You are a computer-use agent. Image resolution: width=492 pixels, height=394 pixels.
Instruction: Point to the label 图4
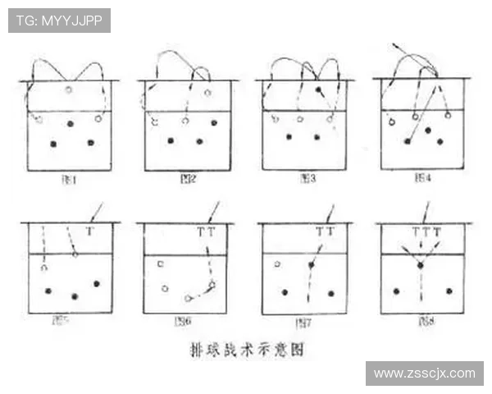[x=423, y=176]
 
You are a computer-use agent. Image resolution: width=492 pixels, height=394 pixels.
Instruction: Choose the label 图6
[x=182, y=321]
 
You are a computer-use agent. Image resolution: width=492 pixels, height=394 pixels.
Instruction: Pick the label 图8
[x=423, y=320]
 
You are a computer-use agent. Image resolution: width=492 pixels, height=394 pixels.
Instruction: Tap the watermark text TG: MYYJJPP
[x=58, y=21]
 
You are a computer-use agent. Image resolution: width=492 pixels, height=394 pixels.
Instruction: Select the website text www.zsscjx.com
[x=423, y=373]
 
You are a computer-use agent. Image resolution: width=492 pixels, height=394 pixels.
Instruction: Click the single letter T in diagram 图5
[x=89, y=232]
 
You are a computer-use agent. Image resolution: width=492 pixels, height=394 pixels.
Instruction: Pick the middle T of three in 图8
[x=426, y=232]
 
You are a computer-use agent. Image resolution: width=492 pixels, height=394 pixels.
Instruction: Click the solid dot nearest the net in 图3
[x=317, y=89]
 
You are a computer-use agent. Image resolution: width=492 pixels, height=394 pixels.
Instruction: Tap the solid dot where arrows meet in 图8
[x=420, y=265]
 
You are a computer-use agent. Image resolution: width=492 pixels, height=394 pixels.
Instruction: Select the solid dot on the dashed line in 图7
[x=312, y=265]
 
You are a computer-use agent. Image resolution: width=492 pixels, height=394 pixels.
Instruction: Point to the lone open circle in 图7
[x=278, y=264]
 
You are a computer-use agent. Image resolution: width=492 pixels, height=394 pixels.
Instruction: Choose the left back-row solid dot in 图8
[x=396, y=291]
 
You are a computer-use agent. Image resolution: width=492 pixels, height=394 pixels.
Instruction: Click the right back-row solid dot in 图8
[x=449, y=291]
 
